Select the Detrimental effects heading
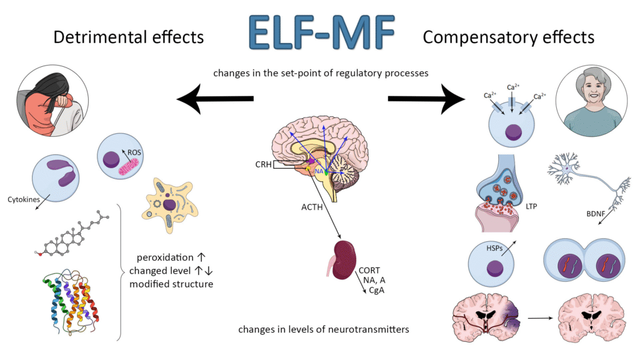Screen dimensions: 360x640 click(x=128, y=37)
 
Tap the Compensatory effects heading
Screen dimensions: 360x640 click(x=508, y=37)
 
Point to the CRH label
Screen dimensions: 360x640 click(x=265, y=165)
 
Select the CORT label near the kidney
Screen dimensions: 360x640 click(x=369, y=270)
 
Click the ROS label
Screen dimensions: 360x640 click(x=135, y=152)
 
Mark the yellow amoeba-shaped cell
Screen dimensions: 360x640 click(x=169, y=203)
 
